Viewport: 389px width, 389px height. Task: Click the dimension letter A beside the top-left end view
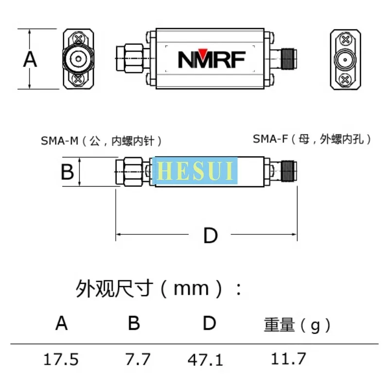click(x=30, y=59)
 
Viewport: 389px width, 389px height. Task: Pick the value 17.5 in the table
click(x=61, y=360)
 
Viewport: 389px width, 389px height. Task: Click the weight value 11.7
click(x=289, y=359)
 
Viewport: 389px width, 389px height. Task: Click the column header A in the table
click(x=61, y=323)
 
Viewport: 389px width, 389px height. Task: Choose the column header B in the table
click(x=134, y=323)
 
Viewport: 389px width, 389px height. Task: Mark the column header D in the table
click(x=209, y=323)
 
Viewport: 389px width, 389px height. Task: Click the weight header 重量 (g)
click(x=297, y=325)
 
